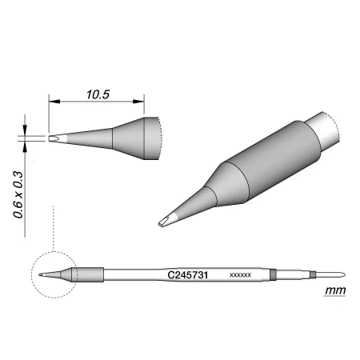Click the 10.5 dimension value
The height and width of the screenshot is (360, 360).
(98, 94)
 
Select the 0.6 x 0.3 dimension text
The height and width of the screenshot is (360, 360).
(19, 194)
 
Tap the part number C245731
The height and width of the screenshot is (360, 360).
(188, 275)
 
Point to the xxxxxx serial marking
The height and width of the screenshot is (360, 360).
(240, 275)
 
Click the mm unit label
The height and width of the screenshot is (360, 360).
(335, 290)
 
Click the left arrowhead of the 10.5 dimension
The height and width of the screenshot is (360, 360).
(54, 102)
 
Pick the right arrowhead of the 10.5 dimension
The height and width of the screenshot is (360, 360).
(138, 102)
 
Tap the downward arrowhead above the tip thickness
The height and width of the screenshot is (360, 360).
(25, 130)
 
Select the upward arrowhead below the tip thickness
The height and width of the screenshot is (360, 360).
(25, 147)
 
